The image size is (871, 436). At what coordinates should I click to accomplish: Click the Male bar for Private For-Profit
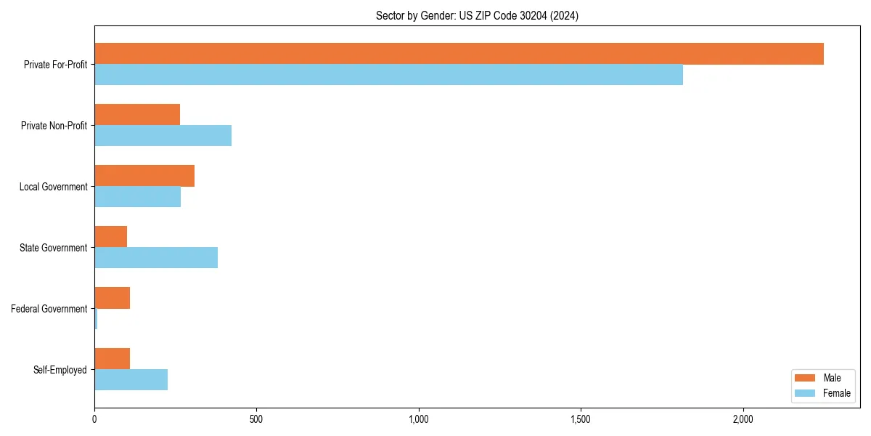[459, 54]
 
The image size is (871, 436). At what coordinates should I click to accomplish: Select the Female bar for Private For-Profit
[388, 75]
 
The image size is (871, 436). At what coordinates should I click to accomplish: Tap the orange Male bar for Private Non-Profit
[137, 115]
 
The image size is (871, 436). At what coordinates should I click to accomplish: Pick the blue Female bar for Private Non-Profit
[163, 136]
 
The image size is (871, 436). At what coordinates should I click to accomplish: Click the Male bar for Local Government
[144, 176]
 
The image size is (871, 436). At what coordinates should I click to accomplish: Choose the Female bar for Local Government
[137, 197]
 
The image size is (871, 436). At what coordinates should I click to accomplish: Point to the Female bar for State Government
[156, 258]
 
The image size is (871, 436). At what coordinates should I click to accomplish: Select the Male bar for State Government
[110, 237]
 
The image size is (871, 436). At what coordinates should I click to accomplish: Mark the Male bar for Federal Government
[112, 298]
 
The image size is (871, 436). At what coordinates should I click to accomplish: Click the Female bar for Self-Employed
[131, 380]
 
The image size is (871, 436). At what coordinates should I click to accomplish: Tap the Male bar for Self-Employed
[112, 359]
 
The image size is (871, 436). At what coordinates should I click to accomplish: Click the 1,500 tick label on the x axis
[580, 419]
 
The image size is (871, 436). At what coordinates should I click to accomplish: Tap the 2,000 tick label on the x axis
[742, 419]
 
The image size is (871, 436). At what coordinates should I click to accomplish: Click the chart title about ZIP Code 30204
[477, 15]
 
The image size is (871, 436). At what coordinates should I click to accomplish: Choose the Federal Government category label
[49, 309]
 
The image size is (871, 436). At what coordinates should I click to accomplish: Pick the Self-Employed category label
[60, 370]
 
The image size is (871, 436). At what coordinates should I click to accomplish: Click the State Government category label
[53, 248]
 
